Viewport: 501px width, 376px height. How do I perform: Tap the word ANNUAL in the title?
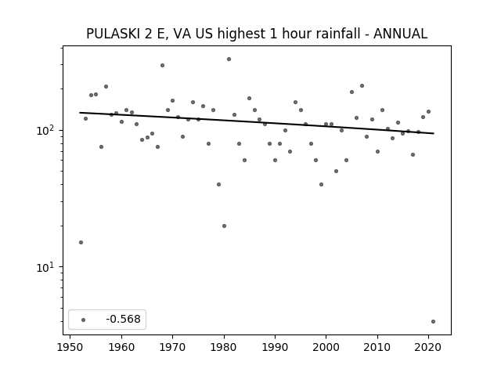[400, 34]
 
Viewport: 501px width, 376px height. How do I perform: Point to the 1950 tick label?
[70, 347]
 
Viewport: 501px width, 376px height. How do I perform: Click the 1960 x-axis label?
[121, 347]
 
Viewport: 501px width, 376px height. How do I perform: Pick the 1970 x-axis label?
[172, 347]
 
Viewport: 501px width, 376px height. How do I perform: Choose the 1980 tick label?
[224, 347]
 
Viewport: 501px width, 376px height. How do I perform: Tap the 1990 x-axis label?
[275, 347]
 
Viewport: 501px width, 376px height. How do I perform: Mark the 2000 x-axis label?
[326, 347]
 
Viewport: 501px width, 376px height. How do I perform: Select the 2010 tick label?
[377, 347]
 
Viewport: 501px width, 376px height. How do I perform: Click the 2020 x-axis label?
[428, 347]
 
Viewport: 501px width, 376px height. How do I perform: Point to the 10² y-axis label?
[47, 130]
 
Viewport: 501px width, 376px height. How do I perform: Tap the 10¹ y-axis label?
[47, 267]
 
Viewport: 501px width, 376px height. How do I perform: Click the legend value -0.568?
[124, 319]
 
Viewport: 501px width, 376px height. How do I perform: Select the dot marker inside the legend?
[84, 320]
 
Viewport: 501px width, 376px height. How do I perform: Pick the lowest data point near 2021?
[433, 322]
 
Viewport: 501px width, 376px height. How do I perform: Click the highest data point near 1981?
[229, 60]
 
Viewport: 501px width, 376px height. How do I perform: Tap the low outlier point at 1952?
[81, 242]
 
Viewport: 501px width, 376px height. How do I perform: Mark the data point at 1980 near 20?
[224, 226]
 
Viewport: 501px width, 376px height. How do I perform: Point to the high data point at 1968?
[162, 66]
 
